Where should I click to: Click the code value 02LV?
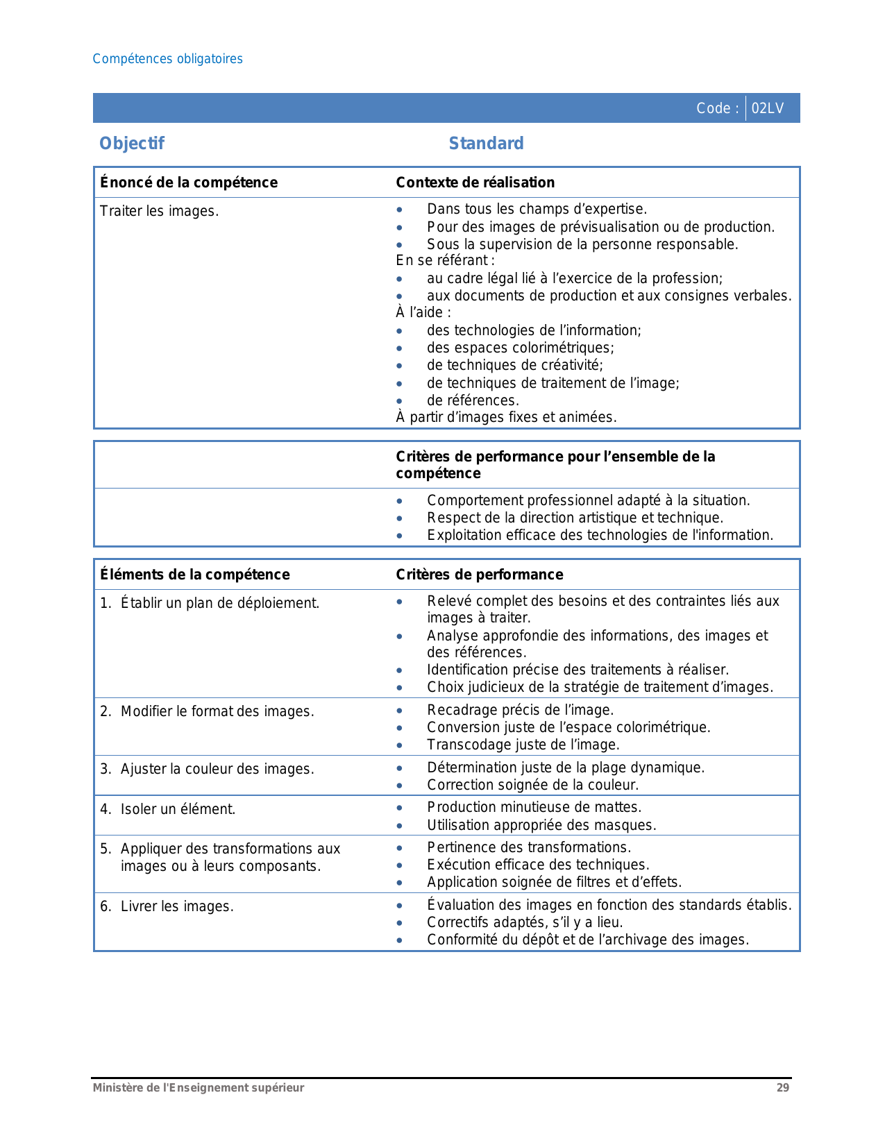(x=767, y=108)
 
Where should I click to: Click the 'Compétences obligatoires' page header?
(x=167, y=59)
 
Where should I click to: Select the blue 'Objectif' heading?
(x=132, y=143)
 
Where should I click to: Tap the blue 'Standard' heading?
(x=486, y=143)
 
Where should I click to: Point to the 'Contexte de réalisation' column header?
(x=475, y=183)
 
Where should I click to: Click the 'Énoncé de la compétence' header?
(x=188, y=183)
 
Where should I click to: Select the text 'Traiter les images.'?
(x=159, y=211)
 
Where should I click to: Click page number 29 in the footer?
(x=782, y=1087)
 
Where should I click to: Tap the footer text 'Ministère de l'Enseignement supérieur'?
(x=199, y=1087)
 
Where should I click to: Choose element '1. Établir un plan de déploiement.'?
(x=210, y=603)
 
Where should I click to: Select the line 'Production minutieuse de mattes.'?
(x=534, y=807)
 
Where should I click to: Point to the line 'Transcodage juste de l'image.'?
(x=523, y=745)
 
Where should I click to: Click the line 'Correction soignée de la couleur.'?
(x=532, y=785)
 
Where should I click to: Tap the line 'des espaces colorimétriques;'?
(x=520, y=348)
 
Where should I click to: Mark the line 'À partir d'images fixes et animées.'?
(x=506, y=417)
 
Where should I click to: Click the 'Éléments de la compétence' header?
(x=194, y=575)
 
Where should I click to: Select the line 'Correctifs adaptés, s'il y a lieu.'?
(x=525, y=922)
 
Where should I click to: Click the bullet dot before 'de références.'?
(x=399, y=401)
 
